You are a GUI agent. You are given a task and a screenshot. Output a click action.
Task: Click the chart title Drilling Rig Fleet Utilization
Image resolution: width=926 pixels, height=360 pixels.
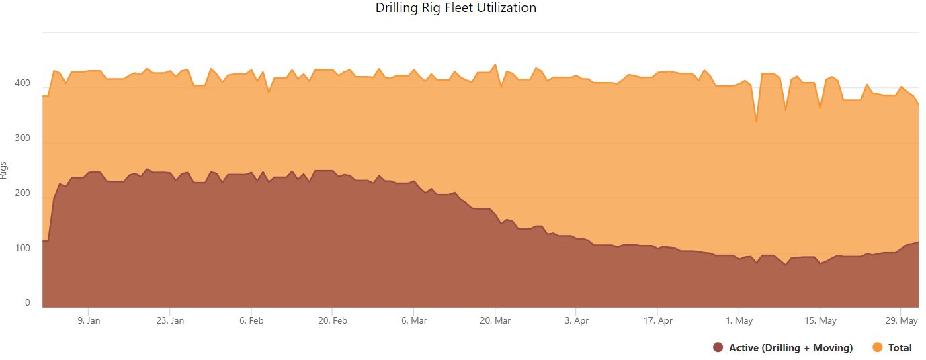coord(456,8)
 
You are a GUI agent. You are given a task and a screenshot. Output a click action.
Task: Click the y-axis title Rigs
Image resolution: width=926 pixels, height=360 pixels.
coord(5,170)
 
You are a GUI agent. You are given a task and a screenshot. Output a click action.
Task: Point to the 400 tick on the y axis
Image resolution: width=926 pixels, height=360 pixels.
coord(23,83)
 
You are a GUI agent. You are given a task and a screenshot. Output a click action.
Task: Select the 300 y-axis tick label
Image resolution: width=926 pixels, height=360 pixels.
coord(23,138)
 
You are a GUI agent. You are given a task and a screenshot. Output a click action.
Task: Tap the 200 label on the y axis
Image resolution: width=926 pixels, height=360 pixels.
coord(23,193)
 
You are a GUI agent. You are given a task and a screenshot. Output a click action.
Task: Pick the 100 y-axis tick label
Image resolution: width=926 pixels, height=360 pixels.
coord(23,249)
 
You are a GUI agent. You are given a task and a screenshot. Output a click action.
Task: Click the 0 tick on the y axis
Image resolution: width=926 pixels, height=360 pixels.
coord(28,303)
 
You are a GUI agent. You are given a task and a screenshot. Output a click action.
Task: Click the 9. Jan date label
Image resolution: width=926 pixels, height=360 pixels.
coord(89,321)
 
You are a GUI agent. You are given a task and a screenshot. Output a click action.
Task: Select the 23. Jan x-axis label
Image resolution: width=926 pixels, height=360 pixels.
coord(170,321)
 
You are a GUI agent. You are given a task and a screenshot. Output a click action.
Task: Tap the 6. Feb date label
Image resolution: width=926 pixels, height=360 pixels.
coord(251,321)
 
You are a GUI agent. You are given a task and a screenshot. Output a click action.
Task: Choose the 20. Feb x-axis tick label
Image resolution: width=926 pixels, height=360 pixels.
coord(332,321)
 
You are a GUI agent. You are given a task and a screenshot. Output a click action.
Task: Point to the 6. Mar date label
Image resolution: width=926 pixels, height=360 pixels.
coord(414,321)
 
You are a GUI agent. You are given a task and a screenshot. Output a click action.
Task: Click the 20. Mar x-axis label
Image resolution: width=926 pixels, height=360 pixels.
coord(495,321)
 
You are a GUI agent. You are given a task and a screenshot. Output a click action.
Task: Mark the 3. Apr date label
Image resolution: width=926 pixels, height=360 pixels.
coord(577,321)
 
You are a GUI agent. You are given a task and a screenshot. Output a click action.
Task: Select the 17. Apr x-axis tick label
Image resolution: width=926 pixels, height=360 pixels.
coord(658,321)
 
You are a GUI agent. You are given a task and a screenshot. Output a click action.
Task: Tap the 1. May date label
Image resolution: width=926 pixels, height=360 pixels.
coord(739,321)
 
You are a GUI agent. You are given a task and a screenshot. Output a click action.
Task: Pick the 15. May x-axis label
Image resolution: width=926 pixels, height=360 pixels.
coord(820,321)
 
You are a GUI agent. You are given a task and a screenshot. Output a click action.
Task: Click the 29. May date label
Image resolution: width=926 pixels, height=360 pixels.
coord(902,321)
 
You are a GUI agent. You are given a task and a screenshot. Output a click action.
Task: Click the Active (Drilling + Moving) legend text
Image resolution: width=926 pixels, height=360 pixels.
coord(791,348)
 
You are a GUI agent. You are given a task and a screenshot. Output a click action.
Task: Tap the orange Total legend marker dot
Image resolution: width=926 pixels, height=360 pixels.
coord(877,347)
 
